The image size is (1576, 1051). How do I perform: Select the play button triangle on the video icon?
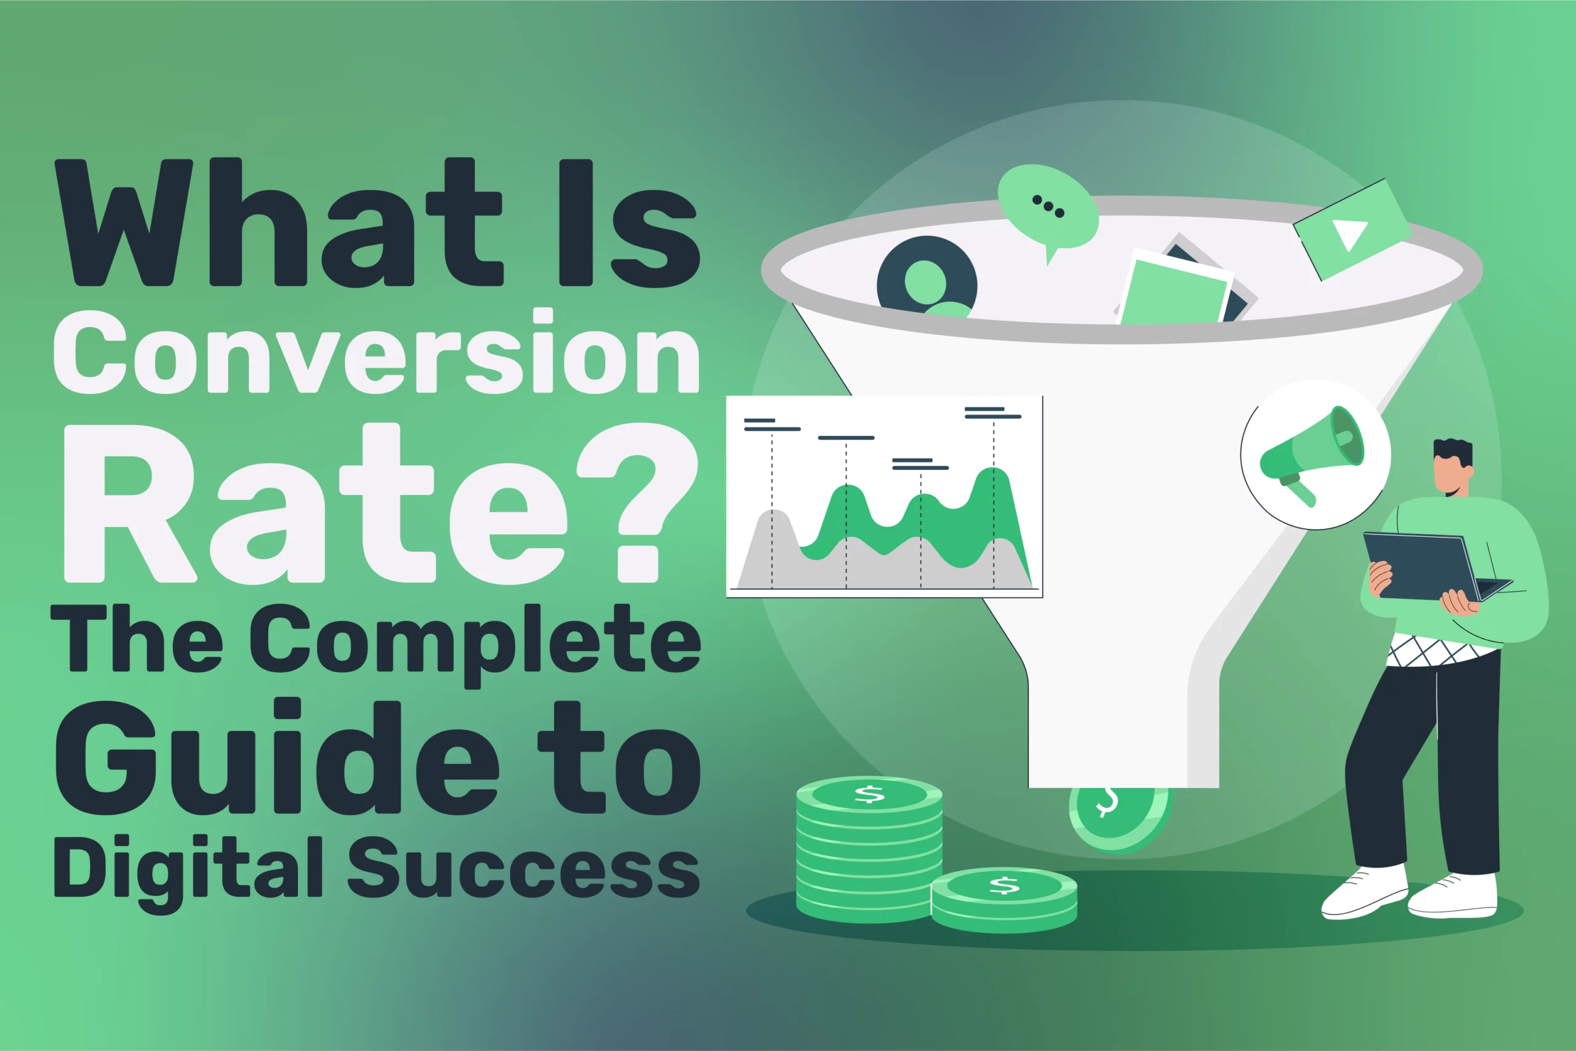[1348, 234]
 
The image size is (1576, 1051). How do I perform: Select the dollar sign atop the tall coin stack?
[869, 795]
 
